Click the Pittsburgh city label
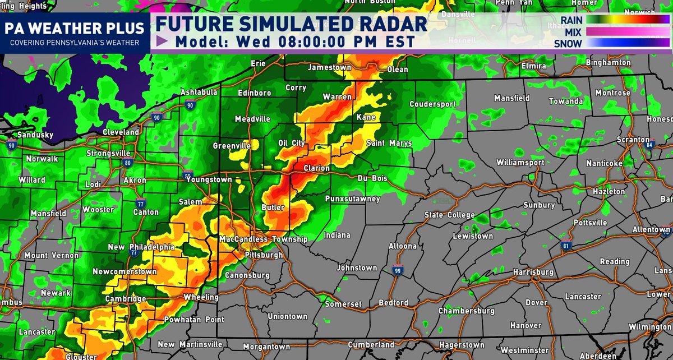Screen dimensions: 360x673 [264, 255]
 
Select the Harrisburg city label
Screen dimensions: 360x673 [533, 273]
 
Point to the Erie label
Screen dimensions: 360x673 [258, 64]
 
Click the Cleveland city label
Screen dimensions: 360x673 [121, 132]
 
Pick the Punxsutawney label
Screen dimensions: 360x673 [352, 199]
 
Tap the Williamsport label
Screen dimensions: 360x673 [520, 163]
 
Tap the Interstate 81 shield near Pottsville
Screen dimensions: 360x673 [566, 245]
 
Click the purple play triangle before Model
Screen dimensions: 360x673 [162, 41]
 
